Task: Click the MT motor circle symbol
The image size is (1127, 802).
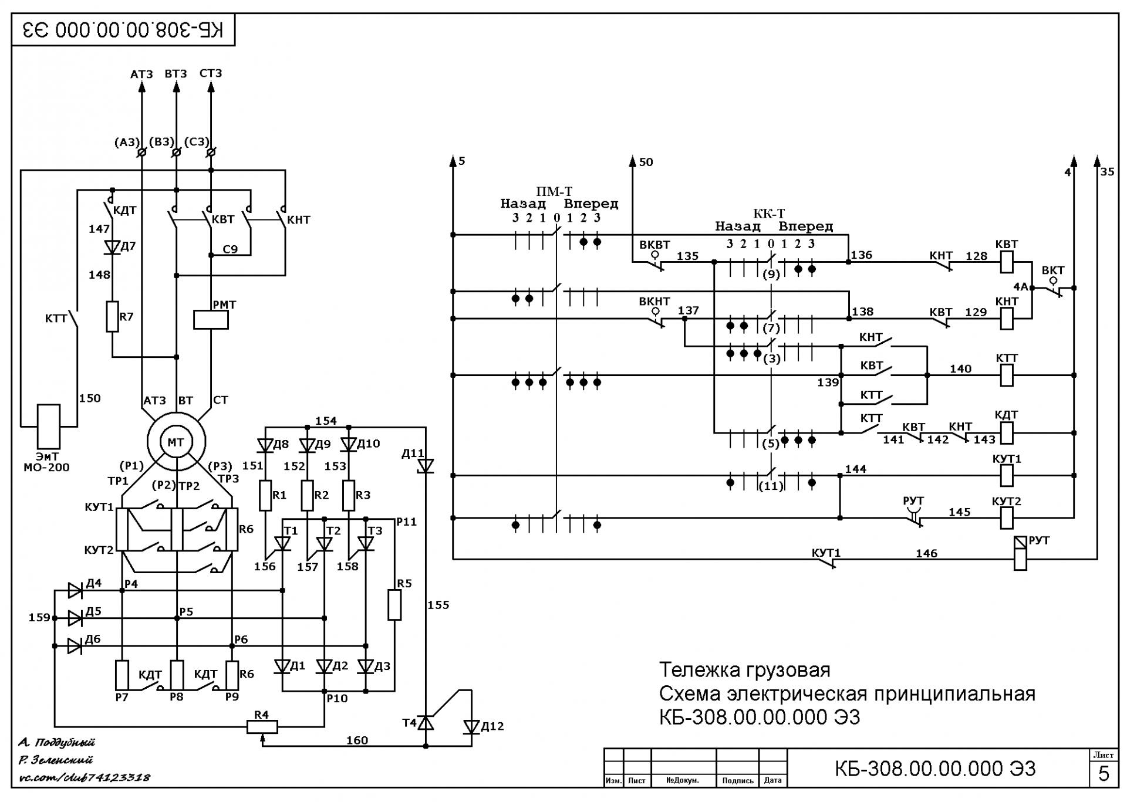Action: pos(176,442)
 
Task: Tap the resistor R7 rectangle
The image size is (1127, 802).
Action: pos(113,317)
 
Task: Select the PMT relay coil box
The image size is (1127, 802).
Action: pos(211,320)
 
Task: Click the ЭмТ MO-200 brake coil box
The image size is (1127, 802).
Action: pos(49,427)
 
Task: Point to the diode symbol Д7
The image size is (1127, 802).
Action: pos(112,247)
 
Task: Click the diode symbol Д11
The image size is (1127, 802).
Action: pos(426,466)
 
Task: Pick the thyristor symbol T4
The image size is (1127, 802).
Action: pos(426,723)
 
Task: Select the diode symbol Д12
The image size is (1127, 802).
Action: pos(471,727)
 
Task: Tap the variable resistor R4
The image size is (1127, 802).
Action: pos(262,727)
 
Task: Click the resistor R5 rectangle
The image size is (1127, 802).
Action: pos(394,605)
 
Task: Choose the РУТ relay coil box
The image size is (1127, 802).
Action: pos(1021,553)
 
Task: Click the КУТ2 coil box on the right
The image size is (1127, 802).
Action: pos(1007,518)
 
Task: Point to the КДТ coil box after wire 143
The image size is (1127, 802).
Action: pos(1007,433)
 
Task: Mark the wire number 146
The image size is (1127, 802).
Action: pos(926,553)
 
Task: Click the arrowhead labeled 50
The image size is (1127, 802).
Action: pos(633,161)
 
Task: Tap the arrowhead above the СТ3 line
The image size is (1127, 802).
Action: pos(211,87)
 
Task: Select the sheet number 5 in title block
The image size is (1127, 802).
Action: pos(1104,774)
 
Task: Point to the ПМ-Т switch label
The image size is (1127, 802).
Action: pos(554,191)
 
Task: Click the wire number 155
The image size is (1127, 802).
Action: pos(438,605)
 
